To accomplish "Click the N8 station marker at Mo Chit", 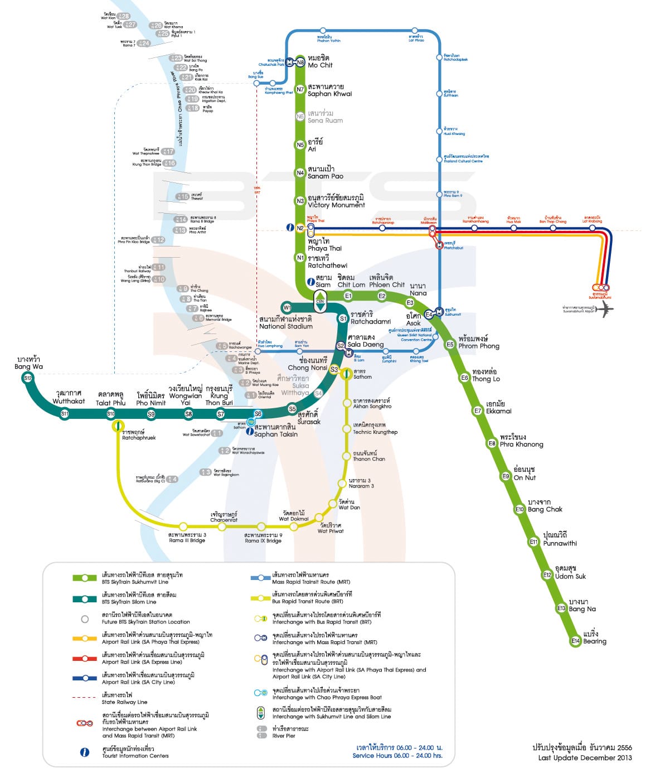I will [x=300, y=62].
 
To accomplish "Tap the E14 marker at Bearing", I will [x=575, y=641].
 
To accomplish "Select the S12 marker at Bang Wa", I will [x=28, y=378].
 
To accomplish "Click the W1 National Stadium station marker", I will [x=287, y=307].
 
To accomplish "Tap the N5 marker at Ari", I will [x=300, y=145].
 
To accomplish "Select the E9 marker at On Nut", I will [x=506, y=476].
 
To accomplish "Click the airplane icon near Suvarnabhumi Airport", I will [x=605, y=310].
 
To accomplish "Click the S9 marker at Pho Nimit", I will [x=151, y=414].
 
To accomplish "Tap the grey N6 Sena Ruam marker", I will [x=300, y=117].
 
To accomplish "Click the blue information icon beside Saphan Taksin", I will [x=250, y=431].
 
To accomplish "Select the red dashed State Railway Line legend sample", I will [x=84, y=697].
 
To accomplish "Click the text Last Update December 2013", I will [x=585, y=757].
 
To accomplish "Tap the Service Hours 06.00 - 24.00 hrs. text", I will [x=397, y=755].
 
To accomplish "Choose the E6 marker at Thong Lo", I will [x=464, y=378].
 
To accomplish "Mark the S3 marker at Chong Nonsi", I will [x=334, y=369].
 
